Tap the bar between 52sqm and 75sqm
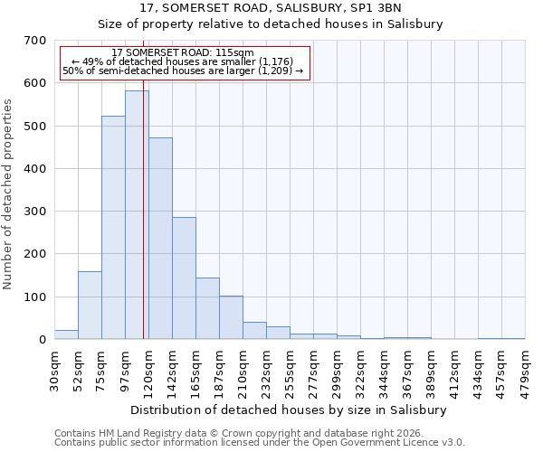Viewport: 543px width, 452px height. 90,306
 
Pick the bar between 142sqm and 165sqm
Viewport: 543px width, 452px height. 184,278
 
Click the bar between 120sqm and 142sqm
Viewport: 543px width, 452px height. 160,239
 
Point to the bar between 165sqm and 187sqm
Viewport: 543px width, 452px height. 207,308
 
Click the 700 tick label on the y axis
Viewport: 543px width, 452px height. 34,41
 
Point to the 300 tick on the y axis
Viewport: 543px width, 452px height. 34,212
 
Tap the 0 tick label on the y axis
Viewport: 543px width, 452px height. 42,340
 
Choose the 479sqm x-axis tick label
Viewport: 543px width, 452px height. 525,369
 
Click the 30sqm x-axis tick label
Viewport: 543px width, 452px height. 54,367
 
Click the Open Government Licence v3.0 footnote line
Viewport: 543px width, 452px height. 259,443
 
